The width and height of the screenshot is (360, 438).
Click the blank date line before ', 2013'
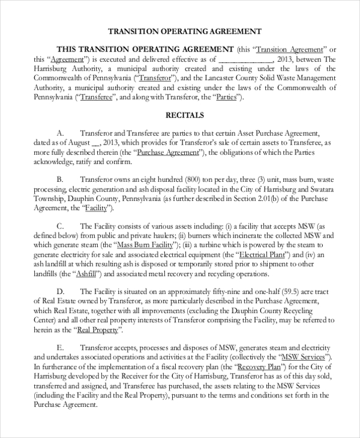(x=245, y=59)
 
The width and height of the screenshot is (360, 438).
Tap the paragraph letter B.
(x=59, y=179)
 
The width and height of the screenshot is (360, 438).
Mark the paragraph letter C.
(x=59, y=226)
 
